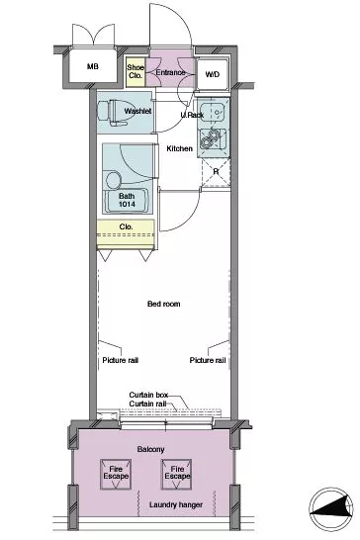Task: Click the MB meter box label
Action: tap(92, 66)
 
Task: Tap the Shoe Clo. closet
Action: tap(135, 71)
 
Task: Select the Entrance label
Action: tap(170, 72)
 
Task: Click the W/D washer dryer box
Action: tap(213, 74)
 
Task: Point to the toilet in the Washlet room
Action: tap(115, 111)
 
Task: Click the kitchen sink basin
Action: tap(213, 112)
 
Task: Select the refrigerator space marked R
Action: tap(216, 172)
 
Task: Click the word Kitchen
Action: tap(179, 148)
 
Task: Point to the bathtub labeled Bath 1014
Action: tap(127, 201)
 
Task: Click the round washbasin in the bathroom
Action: tap(114, 180)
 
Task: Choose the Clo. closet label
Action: tap(126, 226)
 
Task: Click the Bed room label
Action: tap(163, 304)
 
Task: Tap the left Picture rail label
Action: tap(121, 360)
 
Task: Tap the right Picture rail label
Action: tap(208, 360)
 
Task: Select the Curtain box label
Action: tap(148, 395)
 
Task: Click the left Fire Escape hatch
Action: tap(116, 474)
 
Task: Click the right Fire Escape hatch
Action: tap(177, 474)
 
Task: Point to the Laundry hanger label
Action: tap(176, 504)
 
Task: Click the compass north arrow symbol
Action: tap(331, 509)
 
